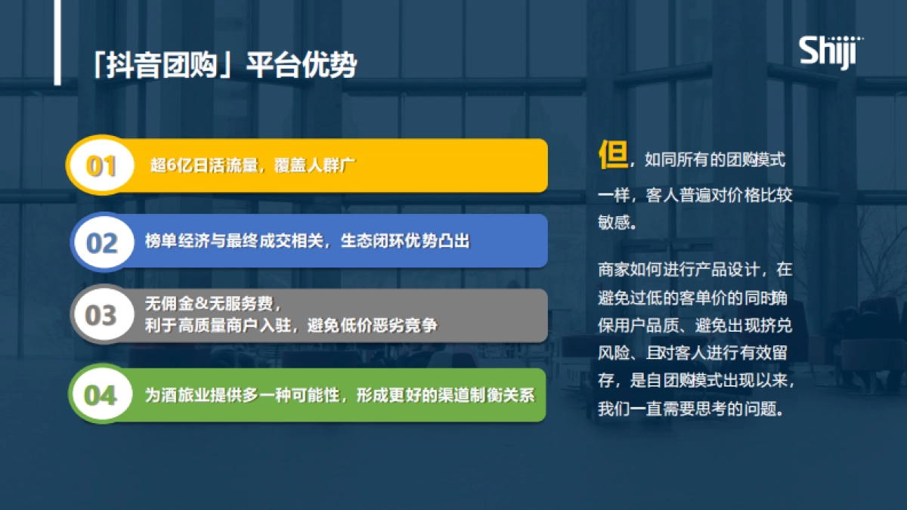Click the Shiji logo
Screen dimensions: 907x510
[831, 53]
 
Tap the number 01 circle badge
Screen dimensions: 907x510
[101, 165]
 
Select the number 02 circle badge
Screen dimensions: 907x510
[103, 243]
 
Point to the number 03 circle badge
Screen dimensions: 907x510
[102, 315]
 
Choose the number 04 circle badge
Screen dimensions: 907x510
[101, 394]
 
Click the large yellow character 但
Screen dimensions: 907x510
[613, 155]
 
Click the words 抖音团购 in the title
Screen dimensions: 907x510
[162, 65]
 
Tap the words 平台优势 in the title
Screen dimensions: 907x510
[302, 65]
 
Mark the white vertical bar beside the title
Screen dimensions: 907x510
[57, 42]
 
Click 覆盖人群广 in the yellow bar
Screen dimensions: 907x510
[314, 165]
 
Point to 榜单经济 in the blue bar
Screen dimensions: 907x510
[177, 241]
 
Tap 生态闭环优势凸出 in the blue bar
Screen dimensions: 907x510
[405, 241]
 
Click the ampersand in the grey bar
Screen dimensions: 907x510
[201, 303]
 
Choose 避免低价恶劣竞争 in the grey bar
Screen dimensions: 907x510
[373, 326]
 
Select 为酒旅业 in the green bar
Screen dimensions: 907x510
[177, 395]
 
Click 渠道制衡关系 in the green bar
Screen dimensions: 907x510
[486, 395]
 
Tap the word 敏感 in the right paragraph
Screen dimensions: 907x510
[614, 222]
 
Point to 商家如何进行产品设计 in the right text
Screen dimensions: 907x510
[678, 270]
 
